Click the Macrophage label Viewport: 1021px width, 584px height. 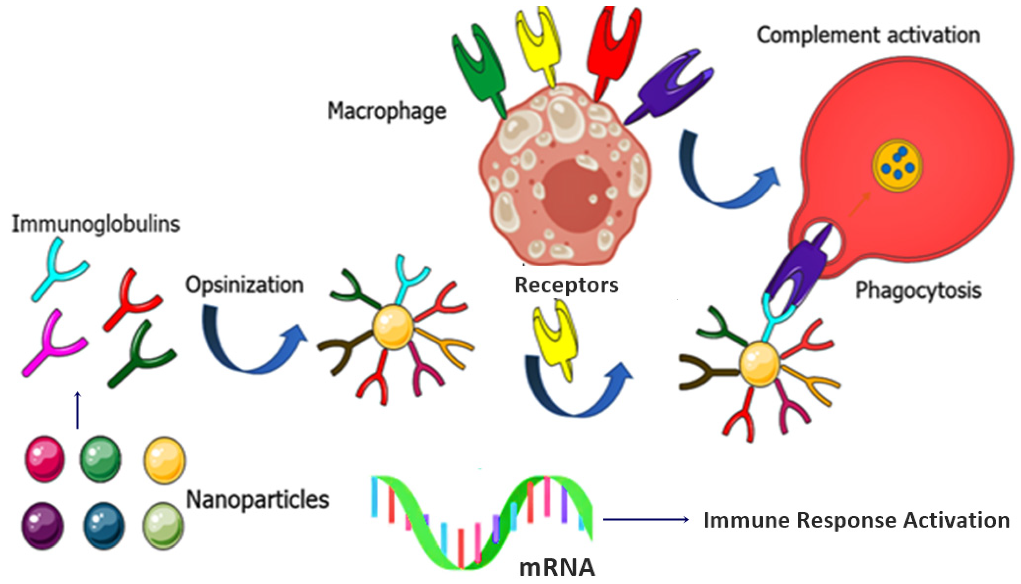pos(387,111)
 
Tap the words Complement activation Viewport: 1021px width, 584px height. pos(868,35)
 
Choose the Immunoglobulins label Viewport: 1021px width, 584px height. pos(96,223)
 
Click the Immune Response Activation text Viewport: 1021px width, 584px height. pos(856,520)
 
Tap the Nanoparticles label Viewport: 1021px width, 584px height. pos(257,500)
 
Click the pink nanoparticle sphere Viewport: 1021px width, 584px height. pos(44,459)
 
